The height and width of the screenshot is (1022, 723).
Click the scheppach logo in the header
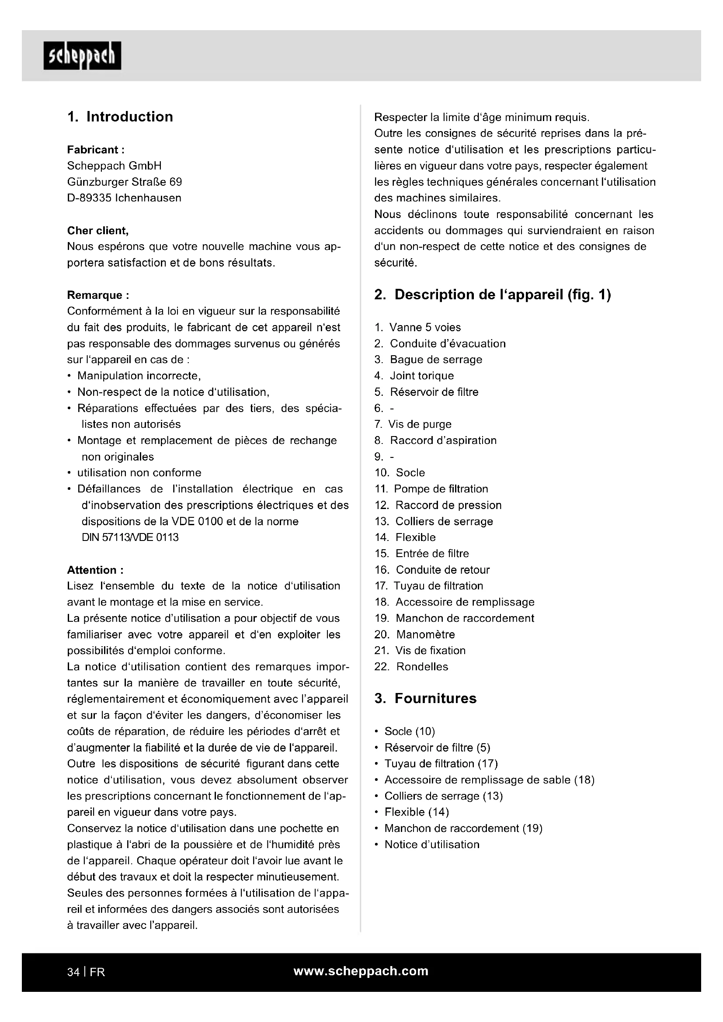point(82,56)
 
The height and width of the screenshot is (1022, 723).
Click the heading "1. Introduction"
point(120,117)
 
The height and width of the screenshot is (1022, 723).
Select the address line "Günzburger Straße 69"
point(125,182)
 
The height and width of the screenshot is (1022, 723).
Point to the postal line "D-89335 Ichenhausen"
point(124,198)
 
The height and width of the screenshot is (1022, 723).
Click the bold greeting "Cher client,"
point(98,231)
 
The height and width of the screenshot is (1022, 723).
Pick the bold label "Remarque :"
point(98,295)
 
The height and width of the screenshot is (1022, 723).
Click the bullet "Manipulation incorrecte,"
point(139,376)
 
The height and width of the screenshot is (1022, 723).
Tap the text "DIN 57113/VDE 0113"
point(130,537)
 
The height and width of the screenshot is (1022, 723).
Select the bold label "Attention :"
point(95,570)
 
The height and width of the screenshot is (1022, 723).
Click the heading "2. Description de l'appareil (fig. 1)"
point(492,294)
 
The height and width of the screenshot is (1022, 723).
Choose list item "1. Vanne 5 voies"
point(417,327)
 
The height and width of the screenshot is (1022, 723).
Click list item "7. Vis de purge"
point(413,424)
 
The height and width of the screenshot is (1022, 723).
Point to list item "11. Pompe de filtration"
point(431,489)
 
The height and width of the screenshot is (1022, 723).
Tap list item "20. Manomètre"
point(414,634)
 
